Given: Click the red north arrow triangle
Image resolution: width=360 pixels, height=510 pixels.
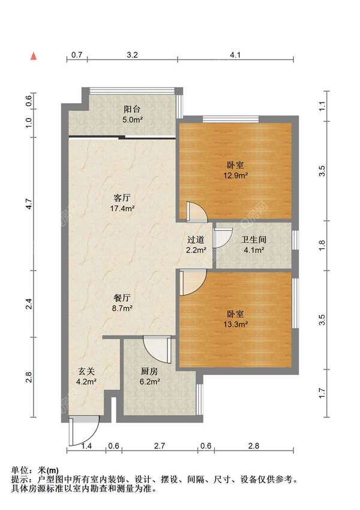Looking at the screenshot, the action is coord(34,56).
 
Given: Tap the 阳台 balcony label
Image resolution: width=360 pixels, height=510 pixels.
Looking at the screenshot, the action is coord(132,109).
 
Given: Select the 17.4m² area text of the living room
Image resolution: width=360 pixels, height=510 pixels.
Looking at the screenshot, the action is coord(122,208).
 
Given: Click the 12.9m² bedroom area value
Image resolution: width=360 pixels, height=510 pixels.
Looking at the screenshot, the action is coord(236,176).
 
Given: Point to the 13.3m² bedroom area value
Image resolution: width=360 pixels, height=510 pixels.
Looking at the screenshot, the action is coord(236,324).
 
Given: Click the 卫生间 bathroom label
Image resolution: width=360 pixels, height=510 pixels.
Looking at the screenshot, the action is coord(254,240).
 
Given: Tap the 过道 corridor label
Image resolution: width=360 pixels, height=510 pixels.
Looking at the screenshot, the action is coord(196,240).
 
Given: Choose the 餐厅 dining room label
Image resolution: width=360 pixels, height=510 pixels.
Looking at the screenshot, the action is coord(122,297).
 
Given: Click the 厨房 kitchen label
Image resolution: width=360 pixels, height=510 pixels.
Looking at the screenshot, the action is coord(149,371).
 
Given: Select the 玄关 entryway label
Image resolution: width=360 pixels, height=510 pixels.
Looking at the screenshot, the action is coord(86,371).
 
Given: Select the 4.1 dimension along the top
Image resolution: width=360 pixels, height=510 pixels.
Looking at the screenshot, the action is coord(235,55).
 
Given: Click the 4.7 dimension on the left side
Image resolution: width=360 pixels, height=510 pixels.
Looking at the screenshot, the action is coord(29,204).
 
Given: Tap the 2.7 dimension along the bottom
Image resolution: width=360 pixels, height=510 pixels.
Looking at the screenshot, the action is coord(160,446).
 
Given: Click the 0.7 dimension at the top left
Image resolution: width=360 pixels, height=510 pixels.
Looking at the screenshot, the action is coord(77,55).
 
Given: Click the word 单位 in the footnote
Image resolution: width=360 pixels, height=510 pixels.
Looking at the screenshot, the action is coord(20,470).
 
